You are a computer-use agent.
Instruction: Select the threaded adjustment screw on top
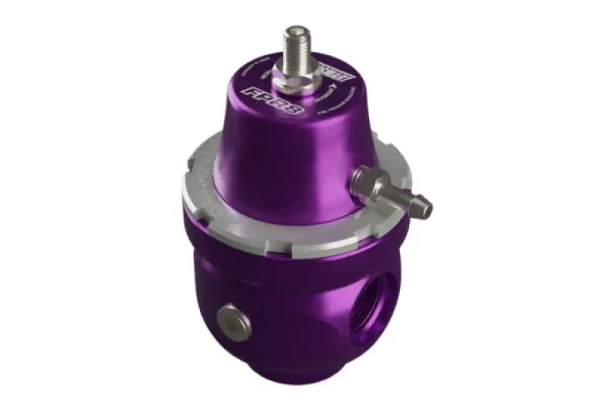tap(296, 46)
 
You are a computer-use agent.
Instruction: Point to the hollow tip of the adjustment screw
tap(295, 30)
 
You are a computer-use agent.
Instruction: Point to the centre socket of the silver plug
tap(228, 317)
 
